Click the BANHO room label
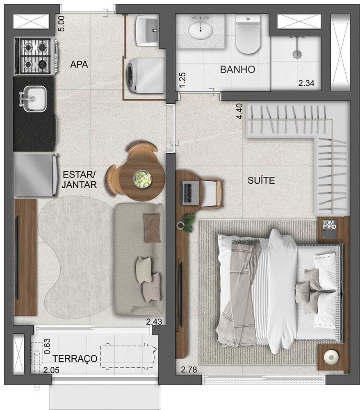237,70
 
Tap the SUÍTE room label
261,180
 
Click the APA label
79,65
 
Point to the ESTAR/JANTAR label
80,180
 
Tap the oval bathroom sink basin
201,30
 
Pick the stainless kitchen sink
34,99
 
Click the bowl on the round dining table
142,178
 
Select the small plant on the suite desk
188,222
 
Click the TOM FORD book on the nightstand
330,227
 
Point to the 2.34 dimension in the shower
306,84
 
